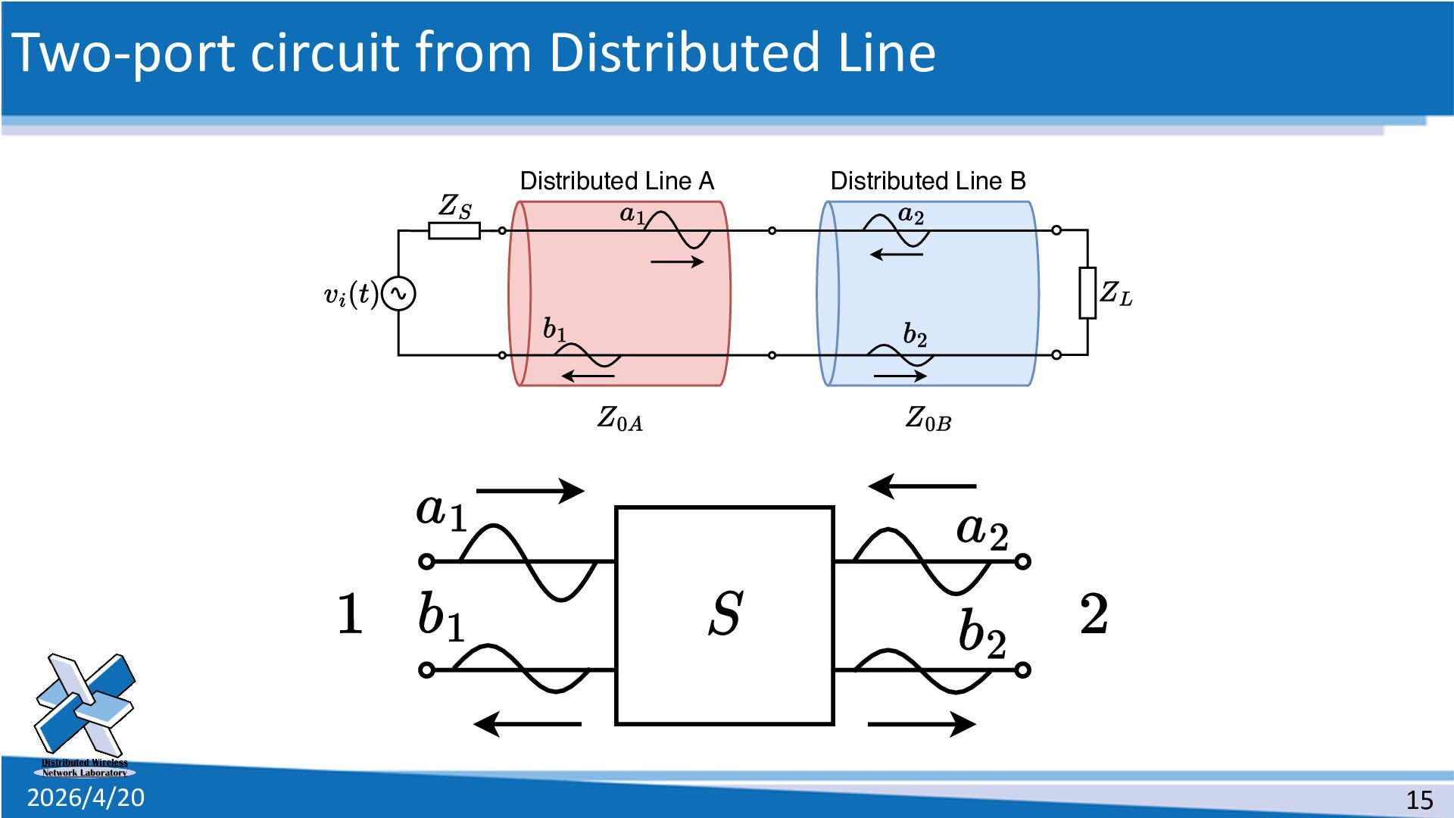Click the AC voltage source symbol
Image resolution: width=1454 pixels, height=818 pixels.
point(398,294)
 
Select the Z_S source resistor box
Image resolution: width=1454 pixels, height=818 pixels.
point(454,230)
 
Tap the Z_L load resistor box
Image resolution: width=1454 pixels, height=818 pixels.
point(1087,292)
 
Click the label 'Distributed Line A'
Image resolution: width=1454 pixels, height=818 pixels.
point(616,181)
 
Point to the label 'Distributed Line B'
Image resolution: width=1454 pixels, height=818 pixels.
point(928,181)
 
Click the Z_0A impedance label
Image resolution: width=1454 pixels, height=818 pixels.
point(619,418)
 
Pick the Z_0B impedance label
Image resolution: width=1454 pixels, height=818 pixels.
point(928,418)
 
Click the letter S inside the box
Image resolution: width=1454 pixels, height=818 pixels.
point(725,613)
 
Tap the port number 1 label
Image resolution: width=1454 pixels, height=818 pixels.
point(349,613)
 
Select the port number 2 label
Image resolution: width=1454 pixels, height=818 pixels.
point(1094,613)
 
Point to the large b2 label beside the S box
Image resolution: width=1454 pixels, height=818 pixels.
point(981,632)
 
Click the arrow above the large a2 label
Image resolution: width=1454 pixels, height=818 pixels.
point(922,485)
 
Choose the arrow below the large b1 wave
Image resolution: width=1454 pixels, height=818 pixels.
point(528,724)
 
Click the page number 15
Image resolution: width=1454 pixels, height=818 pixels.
point(1419,800)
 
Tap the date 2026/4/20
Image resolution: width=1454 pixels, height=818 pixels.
point(86,798)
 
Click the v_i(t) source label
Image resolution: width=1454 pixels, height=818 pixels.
point(350,295)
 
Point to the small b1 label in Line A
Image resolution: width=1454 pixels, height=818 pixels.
point(554,329)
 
